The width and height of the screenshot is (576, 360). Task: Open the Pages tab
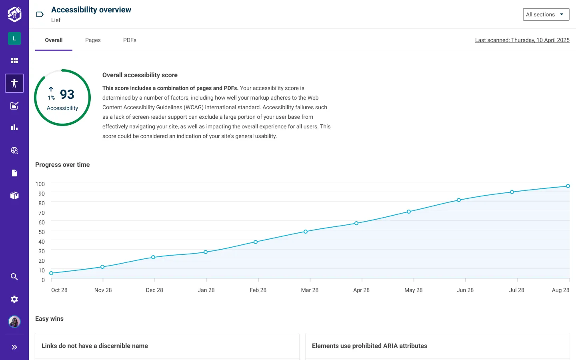click(x=93, y=40)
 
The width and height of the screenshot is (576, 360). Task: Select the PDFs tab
click(x=130, y=40)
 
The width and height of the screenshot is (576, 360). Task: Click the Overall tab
click(x=54, y=40)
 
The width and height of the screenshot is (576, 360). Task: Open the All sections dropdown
click(x=546, y=14)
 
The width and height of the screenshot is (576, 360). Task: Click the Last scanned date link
click(x=522, y=40)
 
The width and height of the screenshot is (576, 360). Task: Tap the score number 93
click(x=67, y=94)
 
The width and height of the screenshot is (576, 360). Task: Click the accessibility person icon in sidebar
click(x=14, y=83)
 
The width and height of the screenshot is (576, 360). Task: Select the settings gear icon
click(x=14, y=299)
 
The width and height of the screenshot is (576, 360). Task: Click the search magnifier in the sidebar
click(x=14, y=277)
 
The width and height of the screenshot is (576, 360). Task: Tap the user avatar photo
click(x=14, y=322)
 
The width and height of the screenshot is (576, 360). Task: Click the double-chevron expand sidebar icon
click(x=14, y=347)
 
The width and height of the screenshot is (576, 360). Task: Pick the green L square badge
click(x=14, y=38)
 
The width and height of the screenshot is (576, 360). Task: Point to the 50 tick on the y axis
click(x=42, y=232)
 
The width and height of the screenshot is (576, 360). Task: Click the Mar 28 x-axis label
click(x=310, y=290)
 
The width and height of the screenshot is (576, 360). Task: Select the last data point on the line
click(x=568, y=186)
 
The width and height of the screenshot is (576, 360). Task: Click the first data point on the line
click(x=51, y=273)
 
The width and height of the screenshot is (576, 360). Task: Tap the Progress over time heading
click(x=62, y=165)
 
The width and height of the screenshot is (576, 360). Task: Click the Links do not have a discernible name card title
click(x=95, y=346)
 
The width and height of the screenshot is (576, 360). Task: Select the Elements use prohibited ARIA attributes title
click(x=369, y=346)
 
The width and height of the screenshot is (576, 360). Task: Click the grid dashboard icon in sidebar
click(x=14, y=61)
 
